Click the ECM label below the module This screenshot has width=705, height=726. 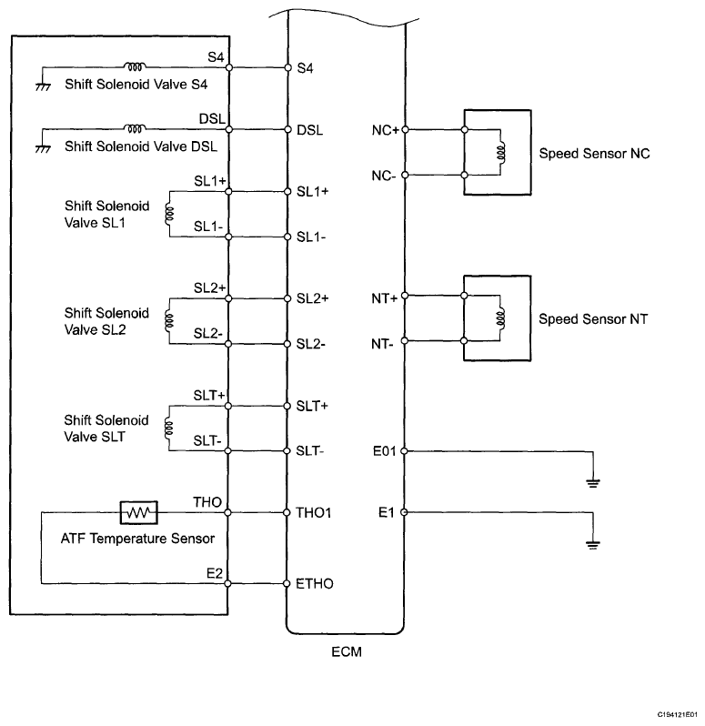click(347, 652)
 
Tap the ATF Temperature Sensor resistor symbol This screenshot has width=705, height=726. click(139, 512)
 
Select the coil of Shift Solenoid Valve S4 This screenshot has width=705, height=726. click(135, 66)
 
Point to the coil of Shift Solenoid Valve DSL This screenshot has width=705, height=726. click(135, 128)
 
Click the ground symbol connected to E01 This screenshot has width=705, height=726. click(593, 483)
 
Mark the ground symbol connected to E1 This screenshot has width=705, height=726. click(593, 544)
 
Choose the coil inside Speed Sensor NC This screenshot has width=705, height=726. click(501, 152)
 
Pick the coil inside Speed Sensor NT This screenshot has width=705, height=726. click(500, 318)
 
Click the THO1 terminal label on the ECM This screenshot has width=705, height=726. click(314, 512)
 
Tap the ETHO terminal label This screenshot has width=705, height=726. click(315, 583)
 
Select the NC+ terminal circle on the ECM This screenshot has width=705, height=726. click(405, 129)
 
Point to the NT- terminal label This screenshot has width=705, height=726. click(382, 344)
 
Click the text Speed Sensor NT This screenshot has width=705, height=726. click(593, 319)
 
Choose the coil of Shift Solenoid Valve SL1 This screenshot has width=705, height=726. click(169, 214)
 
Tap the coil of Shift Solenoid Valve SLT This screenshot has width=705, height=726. click(168, 428)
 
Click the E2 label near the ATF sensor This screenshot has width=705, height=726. click(215, 574)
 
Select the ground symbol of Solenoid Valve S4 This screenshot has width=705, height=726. click(43, 86)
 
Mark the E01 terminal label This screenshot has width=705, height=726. click(385, 451)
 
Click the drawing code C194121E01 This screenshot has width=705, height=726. click(677, 714)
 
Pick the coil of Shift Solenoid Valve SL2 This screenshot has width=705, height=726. click(169, 320)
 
